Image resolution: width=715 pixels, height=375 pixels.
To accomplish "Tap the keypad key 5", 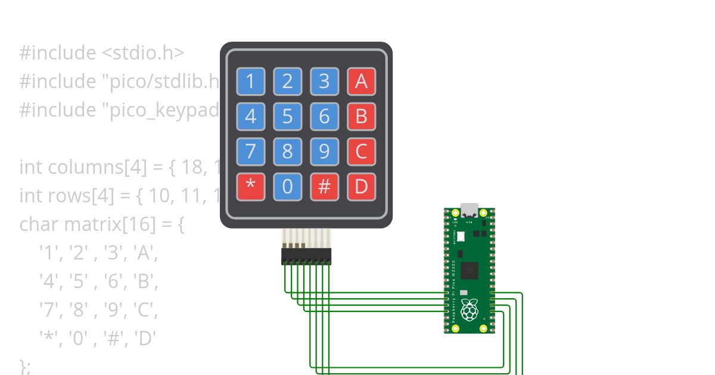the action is (x=287, y=117).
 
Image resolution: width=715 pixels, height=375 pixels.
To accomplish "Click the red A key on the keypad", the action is (x=361, y=82).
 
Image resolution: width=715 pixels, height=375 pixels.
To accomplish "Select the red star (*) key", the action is (x=250, y=186).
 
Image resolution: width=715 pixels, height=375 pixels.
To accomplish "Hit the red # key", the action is (x=324, y=186).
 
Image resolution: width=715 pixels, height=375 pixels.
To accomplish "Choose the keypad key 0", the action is (x=287, y=186).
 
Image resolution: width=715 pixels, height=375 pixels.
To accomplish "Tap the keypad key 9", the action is (x=324, y=152).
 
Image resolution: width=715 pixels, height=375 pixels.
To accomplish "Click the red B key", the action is (x=361, y=117).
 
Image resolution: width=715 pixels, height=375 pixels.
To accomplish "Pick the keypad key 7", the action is (x=250, y=152).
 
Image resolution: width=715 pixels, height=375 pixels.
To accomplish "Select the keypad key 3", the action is (x=324, y=82).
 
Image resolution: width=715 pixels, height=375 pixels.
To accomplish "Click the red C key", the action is (x=361, y=152).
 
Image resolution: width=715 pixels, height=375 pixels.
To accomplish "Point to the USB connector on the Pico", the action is (x=470, y=210).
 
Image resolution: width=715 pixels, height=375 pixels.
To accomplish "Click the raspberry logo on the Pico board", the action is (x=470, y=310).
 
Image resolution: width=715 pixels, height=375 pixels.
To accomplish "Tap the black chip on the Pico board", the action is (x=470, y=270).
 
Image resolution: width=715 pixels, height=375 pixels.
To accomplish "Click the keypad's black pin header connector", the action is (x=306, y=257).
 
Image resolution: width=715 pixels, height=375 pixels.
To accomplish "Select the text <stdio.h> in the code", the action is (x=143, y=53).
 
